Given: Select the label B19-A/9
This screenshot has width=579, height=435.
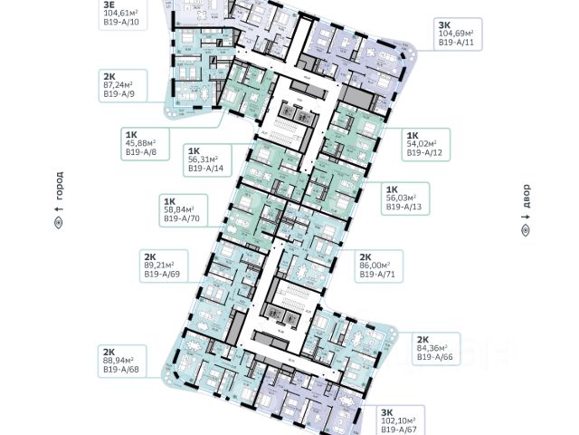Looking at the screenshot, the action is point(119,92).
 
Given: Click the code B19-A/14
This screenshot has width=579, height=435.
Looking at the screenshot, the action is point(206,169).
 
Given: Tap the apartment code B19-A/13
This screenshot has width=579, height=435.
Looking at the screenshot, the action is point(404,207).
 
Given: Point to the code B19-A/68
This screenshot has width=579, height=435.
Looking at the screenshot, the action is point(120,369).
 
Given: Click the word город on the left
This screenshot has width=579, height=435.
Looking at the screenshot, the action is point(60,190).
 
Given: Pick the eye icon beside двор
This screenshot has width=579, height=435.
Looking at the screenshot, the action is point(526,232).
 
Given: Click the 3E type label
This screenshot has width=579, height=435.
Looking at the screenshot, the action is point(109,4).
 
